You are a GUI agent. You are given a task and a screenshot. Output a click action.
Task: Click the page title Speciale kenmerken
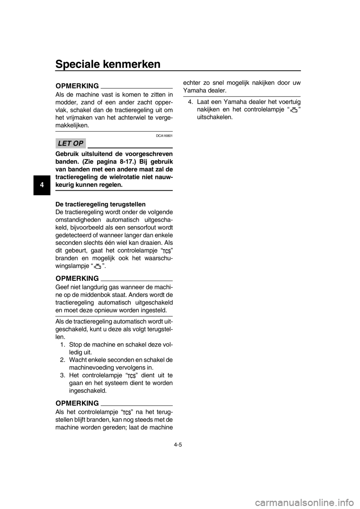pyautogui.click(x=108, y=64)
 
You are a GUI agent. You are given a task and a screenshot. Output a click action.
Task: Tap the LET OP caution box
pyautogui.click(x=70, y=143)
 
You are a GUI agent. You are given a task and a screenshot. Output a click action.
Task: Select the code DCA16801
pyautogui.click(x=164, y=136)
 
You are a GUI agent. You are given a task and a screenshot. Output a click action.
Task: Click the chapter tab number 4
pyautogui.click(x=42, y=185)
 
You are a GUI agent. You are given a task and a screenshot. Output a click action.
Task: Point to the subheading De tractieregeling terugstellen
pyautogui.click(x=100, y=204)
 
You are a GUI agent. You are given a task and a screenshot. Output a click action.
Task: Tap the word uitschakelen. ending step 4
pyautogui.click(x=215, y=117)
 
